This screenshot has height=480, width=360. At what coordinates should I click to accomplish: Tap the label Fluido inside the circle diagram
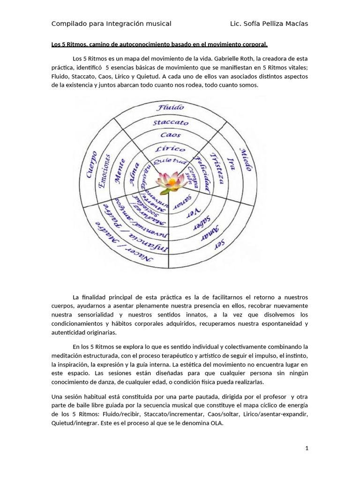[171, 107]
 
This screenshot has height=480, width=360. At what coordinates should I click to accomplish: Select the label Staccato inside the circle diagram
[171, 122]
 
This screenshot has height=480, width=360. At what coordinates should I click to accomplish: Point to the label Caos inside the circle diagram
[170, 135]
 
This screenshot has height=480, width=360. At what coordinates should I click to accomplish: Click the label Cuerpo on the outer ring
[92, 164]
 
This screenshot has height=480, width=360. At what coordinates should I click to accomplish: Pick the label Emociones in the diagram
[105, 171]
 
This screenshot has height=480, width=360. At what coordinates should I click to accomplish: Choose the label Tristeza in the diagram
[217, 168]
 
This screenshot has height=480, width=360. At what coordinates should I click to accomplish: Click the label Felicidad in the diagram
[202, 172]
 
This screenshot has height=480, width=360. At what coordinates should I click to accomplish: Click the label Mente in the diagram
[120, 171]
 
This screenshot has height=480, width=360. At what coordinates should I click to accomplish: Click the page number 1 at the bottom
[307, 448]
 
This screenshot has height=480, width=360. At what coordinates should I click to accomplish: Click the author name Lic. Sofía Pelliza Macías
[269, 23]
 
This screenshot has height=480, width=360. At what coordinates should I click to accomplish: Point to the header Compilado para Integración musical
[111, 23]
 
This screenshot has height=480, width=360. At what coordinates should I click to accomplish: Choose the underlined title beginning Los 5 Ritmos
[159, 45]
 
